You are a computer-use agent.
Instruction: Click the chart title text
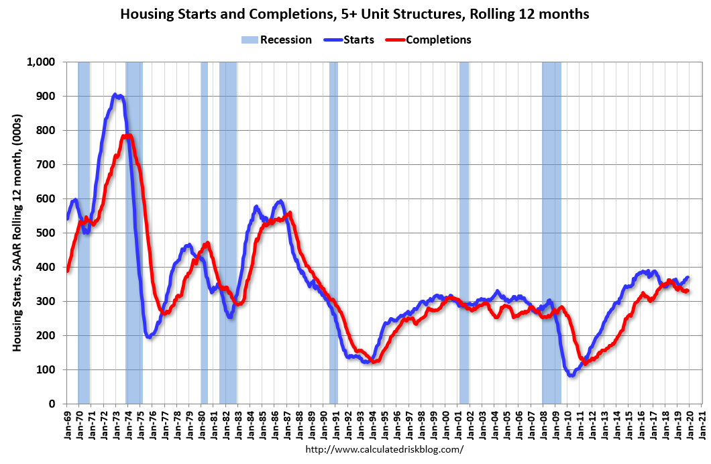(x=355, y=14)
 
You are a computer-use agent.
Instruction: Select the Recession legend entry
(x=276, y=40)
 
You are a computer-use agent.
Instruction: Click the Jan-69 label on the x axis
(x=67, y=422)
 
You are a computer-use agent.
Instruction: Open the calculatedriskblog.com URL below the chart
(x=384, y=449)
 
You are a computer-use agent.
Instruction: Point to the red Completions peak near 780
(x=126, y=136)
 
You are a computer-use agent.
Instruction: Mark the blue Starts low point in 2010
(x=571, y=375)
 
